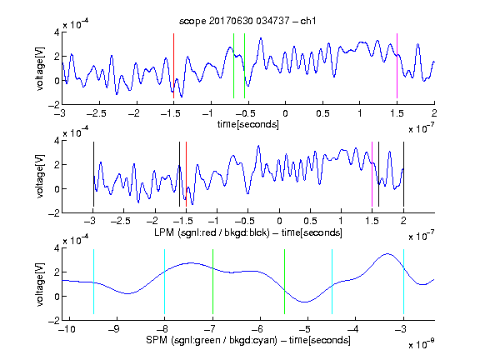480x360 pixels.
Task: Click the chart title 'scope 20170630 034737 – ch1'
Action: [x=247, y=21]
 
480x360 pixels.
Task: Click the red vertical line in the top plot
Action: [x=173, y=66]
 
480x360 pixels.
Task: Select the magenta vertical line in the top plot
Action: [x=397, y=66]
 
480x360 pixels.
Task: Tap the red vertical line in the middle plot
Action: [x=186, y=174]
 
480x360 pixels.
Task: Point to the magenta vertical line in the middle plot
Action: [x=372, y=174]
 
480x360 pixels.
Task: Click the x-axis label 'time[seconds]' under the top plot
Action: [x=248, y=124]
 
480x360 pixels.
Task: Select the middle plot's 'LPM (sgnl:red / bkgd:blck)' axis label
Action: [x=212, y=232]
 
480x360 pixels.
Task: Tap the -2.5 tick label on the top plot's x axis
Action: [x=97, y=113]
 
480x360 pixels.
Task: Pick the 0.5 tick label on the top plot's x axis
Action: [x=322, y=113]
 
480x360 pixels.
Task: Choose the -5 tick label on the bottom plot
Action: [x=305, y=329]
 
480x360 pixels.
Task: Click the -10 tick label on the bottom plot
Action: [x=67, y=329]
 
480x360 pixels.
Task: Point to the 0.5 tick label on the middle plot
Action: [x=310, y=221]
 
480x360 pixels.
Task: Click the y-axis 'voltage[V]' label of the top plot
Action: [x=40, y=68]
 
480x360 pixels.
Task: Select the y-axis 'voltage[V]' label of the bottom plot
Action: [x=40, y=284]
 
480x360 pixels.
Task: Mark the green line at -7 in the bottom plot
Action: [x=212, y=282]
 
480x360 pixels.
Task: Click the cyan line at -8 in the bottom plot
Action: [x=165, y=282]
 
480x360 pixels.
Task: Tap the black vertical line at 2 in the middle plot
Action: [x=403, y=174]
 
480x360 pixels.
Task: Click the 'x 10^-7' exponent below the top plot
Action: [x=422, y=128]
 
